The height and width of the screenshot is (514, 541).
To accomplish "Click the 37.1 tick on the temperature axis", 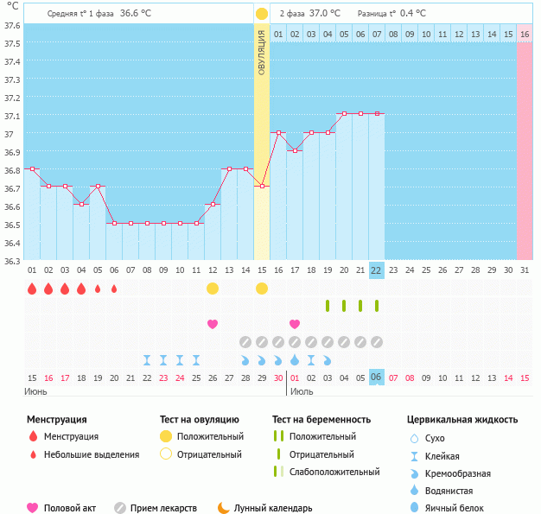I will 12,116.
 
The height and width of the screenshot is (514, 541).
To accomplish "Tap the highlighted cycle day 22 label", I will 376,270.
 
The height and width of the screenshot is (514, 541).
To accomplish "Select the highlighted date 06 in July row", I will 376,377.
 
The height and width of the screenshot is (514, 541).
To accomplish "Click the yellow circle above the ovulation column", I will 262,14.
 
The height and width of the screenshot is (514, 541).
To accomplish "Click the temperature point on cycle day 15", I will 262,186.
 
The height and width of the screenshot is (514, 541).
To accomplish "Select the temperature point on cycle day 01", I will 32,168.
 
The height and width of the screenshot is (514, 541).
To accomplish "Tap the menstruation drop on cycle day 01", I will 32,289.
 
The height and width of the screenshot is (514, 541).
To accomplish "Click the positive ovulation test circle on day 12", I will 213,288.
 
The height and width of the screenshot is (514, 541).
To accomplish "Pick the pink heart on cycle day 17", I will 295,324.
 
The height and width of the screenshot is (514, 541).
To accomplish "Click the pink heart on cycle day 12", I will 213,324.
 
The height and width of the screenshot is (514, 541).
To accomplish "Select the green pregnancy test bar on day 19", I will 328,306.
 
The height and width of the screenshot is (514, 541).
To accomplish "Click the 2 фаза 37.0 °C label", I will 309,14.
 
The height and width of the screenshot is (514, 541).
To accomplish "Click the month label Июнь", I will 35,391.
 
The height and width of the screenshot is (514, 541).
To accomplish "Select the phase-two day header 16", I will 524,33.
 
